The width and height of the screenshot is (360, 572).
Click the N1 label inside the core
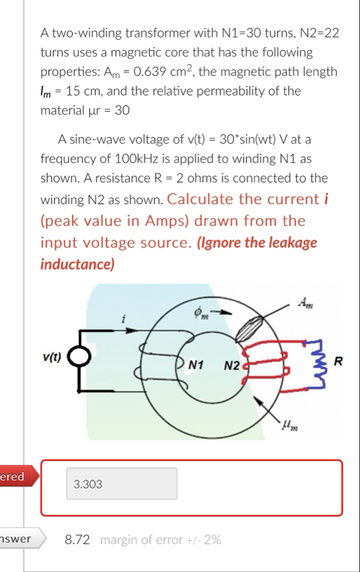pos(197,363)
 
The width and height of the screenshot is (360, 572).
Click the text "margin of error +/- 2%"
pos(160,539)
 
